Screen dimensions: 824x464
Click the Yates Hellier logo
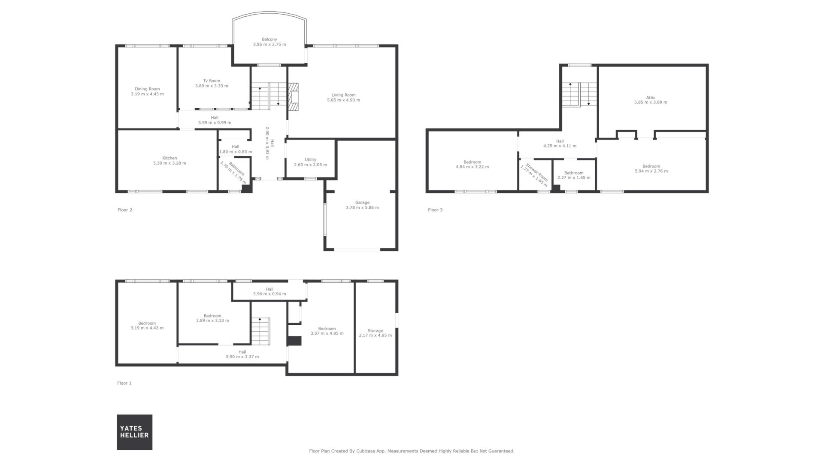click(x=134, y=432)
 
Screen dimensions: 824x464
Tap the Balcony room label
click(x=270, y=39)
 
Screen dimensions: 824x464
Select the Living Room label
click(x=343, y=95)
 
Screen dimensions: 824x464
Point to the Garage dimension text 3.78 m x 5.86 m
click(x=362, y=208)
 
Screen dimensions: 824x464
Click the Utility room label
click(x=310, y=159)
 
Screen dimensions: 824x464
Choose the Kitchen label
click(x=170, y=158)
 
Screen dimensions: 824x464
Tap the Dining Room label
click(x=147, y=89)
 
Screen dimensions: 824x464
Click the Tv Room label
click(x=212, y=80)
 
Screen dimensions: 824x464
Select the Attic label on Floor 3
click(x=651, y=97)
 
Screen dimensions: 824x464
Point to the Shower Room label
click(x=537, y=172)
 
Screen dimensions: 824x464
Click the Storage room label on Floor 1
click(x=375, y=330)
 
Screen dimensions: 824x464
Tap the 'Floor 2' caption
click(x=125, y=210)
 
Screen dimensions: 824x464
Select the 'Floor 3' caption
click(x=435, y=210)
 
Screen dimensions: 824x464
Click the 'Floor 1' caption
click(x=124, y=383)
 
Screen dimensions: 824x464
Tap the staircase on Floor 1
click(x=261, y=331)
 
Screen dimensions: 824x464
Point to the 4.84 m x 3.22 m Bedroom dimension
click(x=472, y=167)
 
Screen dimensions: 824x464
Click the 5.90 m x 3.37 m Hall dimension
click(x=242, y=357)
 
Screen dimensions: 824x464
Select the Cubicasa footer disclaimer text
click(x=412, y=451)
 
